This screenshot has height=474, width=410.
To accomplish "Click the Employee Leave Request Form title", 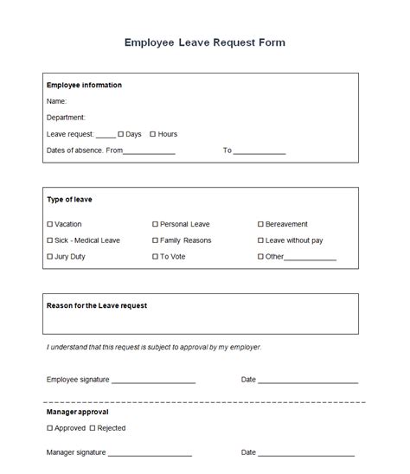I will (x=205, y=42).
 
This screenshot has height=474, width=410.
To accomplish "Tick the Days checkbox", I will (x=121, y=134).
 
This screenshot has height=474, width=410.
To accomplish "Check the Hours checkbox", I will (x=153, y=134).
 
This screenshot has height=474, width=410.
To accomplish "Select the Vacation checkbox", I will (x=49, y=224).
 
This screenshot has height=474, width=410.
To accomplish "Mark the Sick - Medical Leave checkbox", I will (x=49, y=240).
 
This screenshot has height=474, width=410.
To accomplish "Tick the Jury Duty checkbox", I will (x=49, y=257).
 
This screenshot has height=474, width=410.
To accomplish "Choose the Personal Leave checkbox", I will (x=156, y=224).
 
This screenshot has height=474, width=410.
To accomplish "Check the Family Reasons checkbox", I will (x=156, y=240).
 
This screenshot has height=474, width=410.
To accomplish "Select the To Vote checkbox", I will (x=156, y=257).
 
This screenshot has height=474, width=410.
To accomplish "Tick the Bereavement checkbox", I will (x=261, y=224).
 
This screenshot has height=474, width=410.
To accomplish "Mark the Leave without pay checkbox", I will (x=261, y=240).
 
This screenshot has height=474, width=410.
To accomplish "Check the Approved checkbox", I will (x=49, y=428).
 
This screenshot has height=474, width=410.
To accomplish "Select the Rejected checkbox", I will (x=93, y=428).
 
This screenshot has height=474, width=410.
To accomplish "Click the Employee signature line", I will (x=153, y=381).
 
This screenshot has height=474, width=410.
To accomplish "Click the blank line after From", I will (x=150, y=153).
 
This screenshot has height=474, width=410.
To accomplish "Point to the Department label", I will (x=66, y=117).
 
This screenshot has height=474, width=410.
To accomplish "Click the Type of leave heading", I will (x=69, y=200).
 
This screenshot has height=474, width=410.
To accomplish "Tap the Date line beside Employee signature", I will (x=308, y=381).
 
